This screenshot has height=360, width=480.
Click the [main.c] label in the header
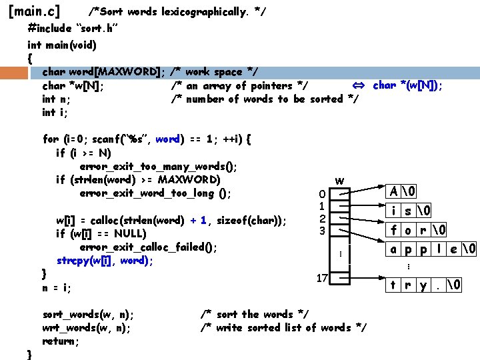(33, 11)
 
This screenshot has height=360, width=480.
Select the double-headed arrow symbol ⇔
(357, 85)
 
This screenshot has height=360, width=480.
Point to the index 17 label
(321, 278)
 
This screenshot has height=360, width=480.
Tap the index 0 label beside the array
(321, 194)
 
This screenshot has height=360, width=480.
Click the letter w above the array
(340, 181)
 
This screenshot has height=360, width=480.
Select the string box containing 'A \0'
(403, 191)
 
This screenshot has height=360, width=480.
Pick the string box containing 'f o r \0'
(419, 231)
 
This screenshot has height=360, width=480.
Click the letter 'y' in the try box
(423, 285)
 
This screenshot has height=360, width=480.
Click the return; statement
(61, 341)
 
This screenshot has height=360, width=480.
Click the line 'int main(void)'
(62, 45)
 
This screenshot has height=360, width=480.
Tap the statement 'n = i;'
(57, 288)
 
